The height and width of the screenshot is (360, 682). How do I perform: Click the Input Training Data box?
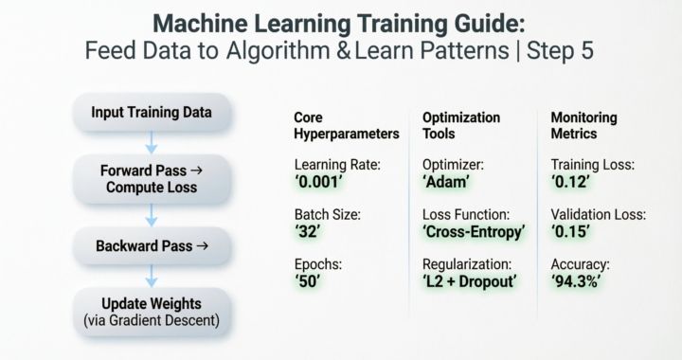[151, 113]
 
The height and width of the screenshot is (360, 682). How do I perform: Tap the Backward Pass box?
[152, 246]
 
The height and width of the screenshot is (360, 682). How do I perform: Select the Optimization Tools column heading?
[461, 126]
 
